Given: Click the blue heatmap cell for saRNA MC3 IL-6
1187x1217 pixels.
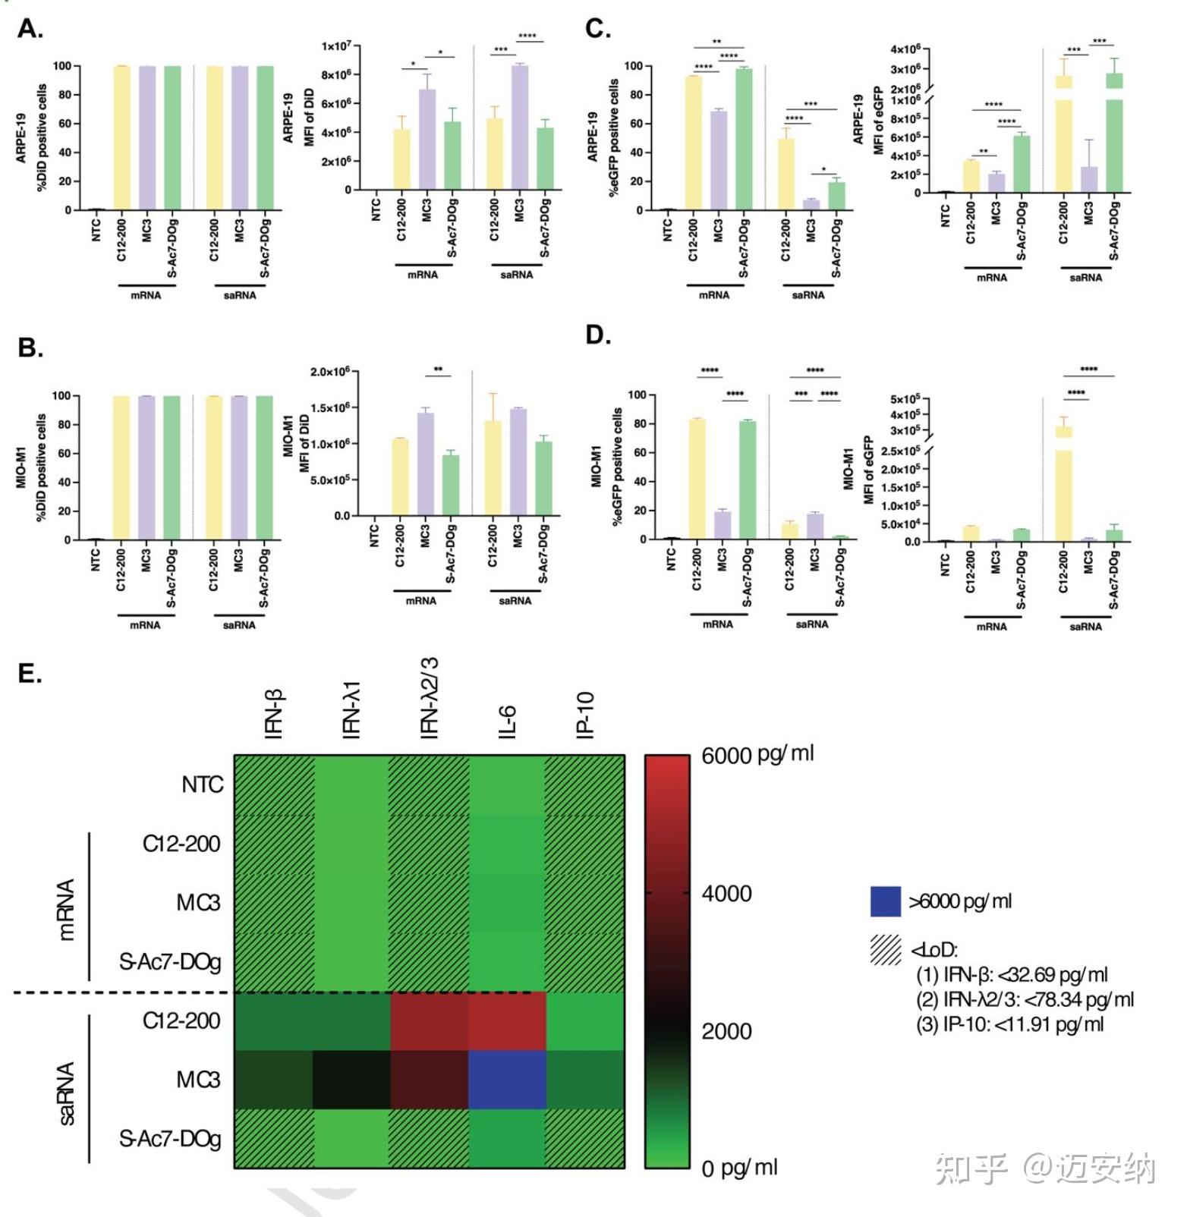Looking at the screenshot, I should coord(507,1079).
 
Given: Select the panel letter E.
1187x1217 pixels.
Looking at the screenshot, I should coord(30,673).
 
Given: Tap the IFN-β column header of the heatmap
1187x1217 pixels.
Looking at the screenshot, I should coord(274,713).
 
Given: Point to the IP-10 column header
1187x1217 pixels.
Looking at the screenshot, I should coord(585,715).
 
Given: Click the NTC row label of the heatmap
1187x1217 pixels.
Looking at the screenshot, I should coord(202,785).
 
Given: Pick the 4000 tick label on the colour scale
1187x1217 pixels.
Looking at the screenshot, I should coord(726,894).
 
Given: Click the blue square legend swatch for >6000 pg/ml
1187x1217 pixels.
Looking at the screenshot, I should coord(885,901).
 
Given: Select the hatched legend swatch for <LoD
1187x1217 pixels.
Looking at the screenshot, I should coord(885,949).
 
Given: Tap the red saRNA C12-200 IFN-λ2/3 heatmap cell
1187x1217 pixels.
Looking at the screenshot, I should coord(429,1020).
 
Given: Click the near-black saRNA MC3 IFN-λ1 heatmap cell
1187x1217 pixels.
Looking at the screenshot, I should coord(351,1079).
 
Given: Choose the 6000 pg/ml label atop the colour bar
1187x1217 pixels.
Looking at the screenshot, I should coord(757,755).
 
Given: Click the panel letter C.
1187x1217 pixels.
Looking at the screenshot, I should coord(597,29).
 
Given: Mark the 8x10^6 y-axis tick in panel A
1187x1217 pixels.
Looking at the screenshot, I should coord(335,74).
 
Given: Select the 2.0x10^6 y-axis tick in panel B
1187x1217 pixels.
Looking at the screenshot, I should coord(329,372).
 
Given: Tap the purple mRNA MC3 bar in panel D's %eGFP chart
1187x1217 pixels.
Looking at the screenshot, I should coord(722,525).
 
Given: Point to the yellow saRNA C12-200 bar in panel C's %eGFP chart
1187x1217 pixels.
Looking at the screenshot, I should coord(786,175).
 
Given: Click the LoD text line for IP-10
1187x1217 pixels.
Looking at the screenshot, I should coord(1009,1024).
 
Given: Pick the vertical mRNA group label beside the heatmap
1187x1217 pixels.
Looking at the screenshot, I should coord(66,910).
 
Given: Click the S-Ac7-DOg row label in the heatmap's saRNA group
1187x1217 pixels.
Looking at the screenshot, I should coord(170,1138).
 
